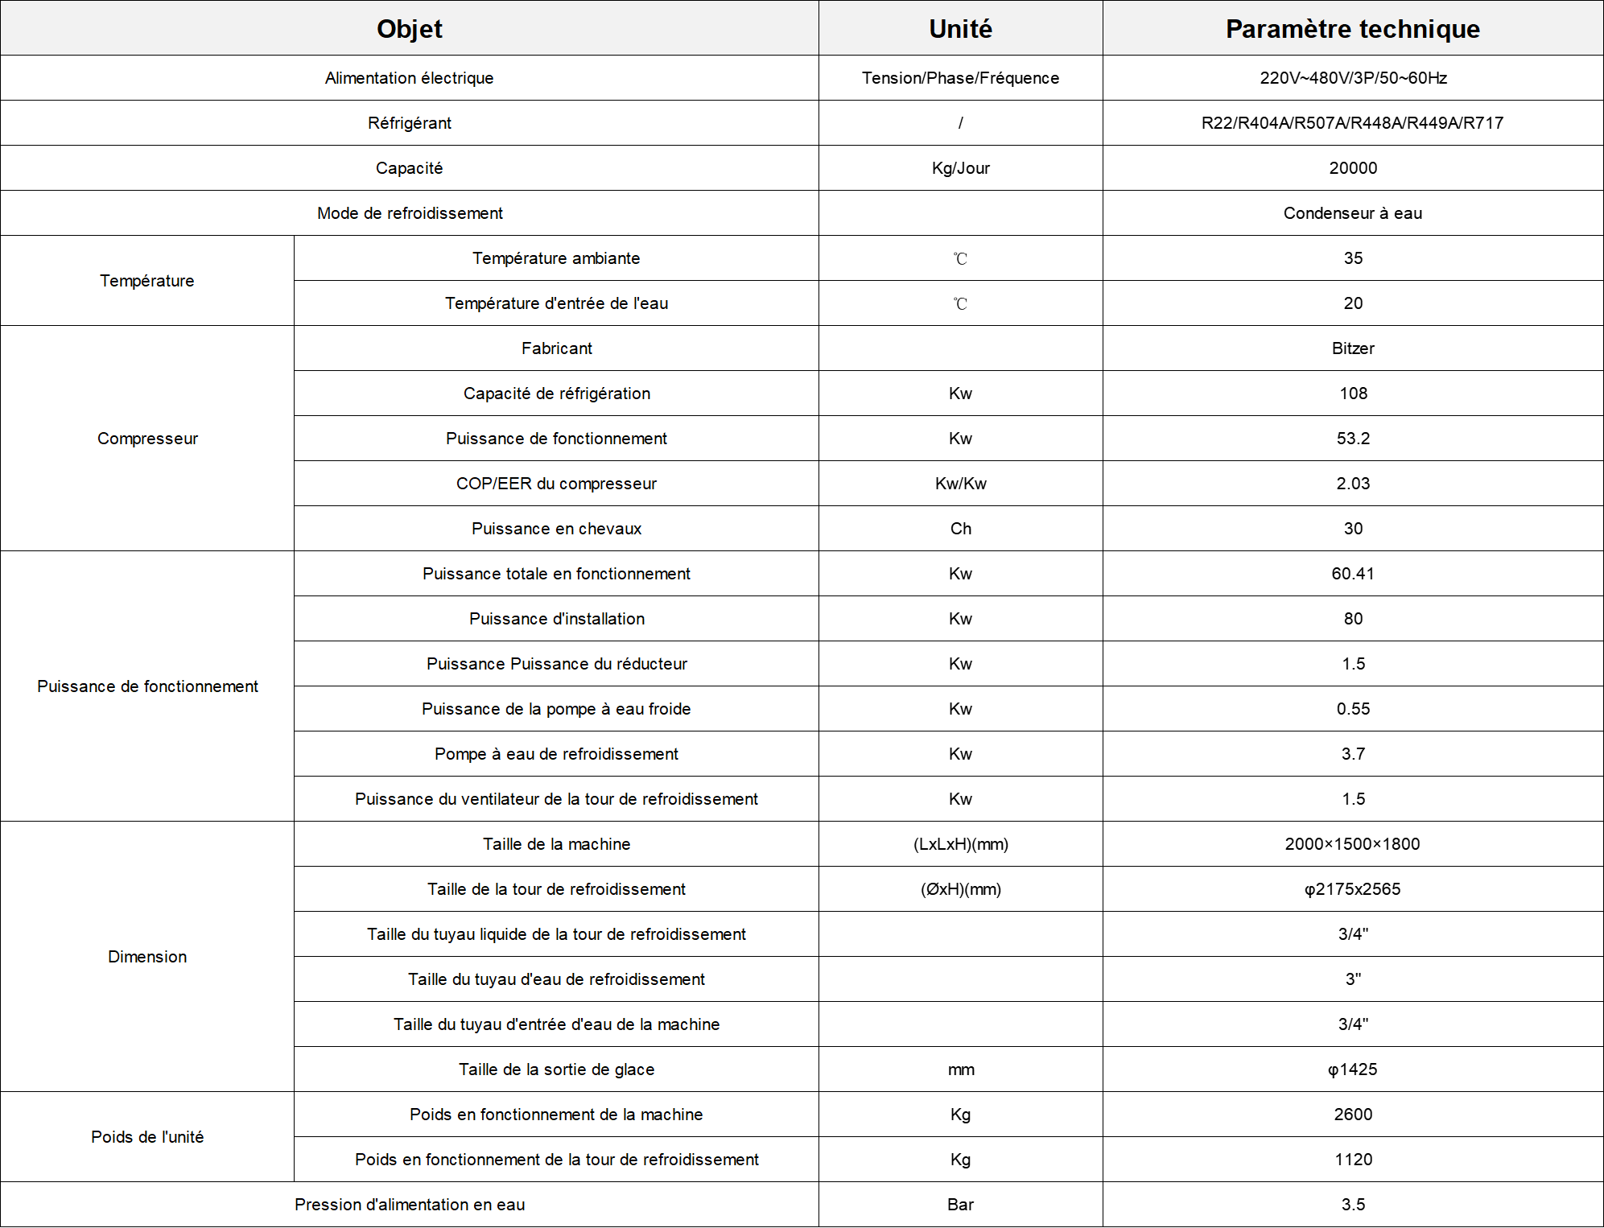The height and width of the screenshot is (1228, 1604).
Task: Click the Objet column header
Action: point(409,29)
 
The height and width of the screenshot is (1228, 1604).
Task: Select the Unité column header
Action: point(960,29)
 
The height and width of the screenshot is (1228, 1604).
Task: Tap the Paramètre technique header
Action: point(1352,29)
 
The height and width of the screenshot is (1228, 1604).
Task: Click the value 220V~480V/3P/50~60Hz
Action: point(1353,78)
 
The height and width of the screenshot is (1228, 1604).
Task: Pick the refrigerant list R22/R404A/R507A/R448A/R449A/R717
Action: point(1352,123)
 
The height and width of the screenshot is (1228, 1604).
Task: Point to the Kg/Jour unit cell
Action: point(960,168)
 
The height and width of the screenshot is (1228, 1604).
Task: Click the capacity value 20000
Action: point(1353,168)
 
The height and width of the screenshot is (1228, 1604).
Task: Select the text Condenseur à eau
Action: point(1352,213)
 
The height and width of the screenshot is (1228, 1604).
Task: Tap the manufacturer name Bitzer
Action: point(1353,348)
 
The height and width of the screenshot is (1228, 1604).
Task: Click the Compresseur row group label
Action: point(147,439)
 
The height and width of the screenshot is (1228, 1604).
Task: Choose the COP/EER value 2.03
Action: point(1353,484)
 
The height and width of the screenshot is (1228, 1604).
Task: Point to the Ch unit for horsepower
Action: point(960,529)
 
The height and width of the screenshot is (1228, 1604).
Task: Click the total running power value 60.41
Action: point(1353,574)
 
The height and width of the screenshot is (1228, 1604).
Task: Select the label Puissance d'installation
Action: point(556,619)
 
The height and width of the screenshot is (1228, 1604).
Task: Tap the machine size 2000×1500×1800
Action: point(1352,844)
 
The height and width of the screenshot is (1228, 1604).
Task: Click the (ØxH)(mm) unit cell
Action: point(960,889)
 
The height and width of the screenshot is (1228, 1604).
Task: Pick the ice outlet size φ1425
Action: point(1352,1069)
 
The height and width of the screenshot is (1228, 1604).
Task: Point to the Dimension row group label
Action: point(147,957)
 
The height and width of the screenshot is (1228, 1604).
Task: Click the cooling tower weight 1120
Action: point(1353,1160)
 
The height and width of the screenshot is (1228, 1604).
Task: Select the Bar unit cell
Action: point(960,1205)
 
